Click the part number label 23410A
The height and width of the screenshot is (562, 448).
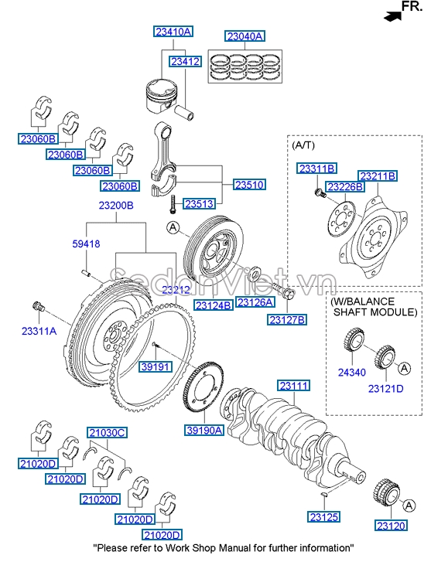pos(172,32)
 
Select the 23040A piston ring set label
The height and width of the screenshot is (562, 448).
pos(245,36)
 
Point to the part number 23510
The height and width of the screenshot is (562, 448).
pos(250,186)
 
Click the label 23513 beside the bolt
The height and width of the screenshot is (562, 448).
pos(198,204)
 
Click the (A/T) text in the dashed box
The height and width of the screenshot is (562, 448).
pos(303,145)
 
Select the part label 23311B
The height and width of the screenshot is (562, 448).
pos(317,168)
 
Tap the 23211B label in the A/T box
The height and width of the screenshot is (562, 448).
pos(377,176)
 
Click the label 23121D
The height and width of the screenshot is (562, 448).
pos(385,389)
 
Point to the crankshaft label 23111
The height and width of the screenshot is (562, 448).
pos(294,385)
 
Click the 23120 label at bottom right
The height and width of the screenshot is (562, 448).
pos(391,526)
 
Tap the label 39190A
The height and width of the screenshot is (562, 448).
pos(204,430)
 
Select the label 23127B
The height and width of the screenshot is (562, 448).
pos(287,318)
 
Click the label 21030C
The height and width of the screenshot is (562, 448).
pos(106,432)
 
